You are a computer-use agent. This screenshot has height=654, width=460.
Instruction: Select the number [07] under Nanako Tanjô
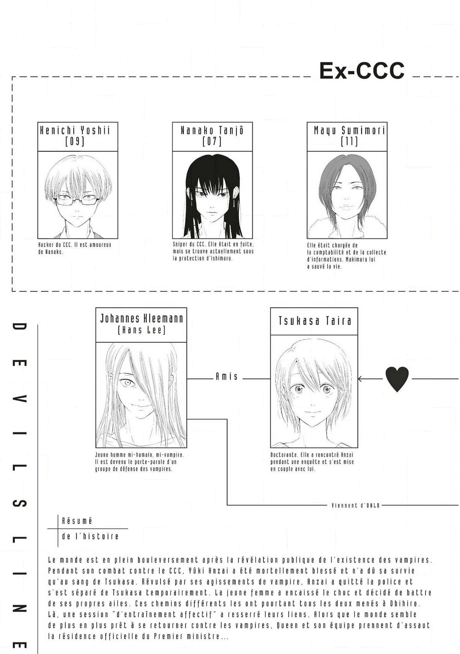tap(212, 142)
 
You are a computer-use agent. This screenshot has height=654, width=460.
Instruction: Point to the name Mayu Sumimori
tap(350, 130)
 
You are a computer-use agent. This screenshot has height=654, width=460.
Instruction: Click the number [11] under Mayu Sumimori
tap(349, 142)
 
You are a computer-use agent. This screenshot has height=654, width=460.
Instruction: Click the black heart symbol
tap(397, 379)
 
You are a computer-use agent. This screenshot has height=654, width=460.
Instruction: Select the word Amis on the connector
tap(227, 377)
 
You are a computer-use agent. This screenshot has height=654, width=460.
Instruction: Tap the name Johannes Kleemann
tap(141, 319)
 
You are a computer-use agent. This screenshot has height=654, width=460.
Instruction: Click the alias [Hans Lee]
tap(141, 330)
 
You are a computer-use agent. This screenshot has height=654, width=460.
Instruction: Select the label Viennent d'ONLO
tap(355, 505)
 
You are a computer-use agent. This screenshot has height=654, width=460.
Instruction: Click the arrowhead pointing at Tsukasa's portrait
tap(360, 379)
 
